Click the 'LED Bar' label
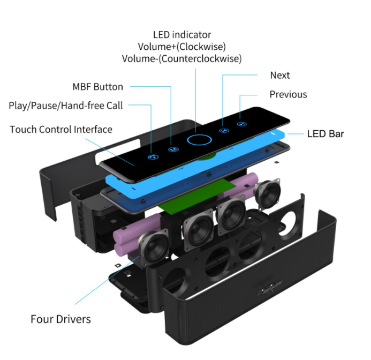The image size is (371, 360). pos(325,133)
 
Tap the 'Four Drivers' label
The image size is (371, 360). pos(60,319)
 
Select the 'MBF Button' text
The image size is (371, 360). pos(97,87)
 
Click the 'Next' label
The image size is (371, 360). pos(280,76)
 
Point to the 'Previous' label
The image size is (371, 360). pos(288,95)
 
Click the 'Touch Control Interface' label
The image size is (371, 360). pos(61,130)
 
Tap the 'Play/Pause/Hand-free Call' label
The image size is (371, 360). pos(66,106)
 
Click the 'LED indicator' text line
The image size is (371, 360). pos(182,35)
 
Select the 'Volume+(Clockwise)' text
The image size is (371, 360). pos(182,47)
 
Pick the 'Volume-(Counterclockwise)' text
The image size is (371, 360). pos(182,58)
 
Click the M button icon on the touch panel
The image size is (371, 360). pos(172,150)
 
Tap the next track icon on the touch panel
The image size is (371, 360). pos(223,130)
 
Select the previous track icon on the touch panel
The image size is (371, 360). pos(242,123)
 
